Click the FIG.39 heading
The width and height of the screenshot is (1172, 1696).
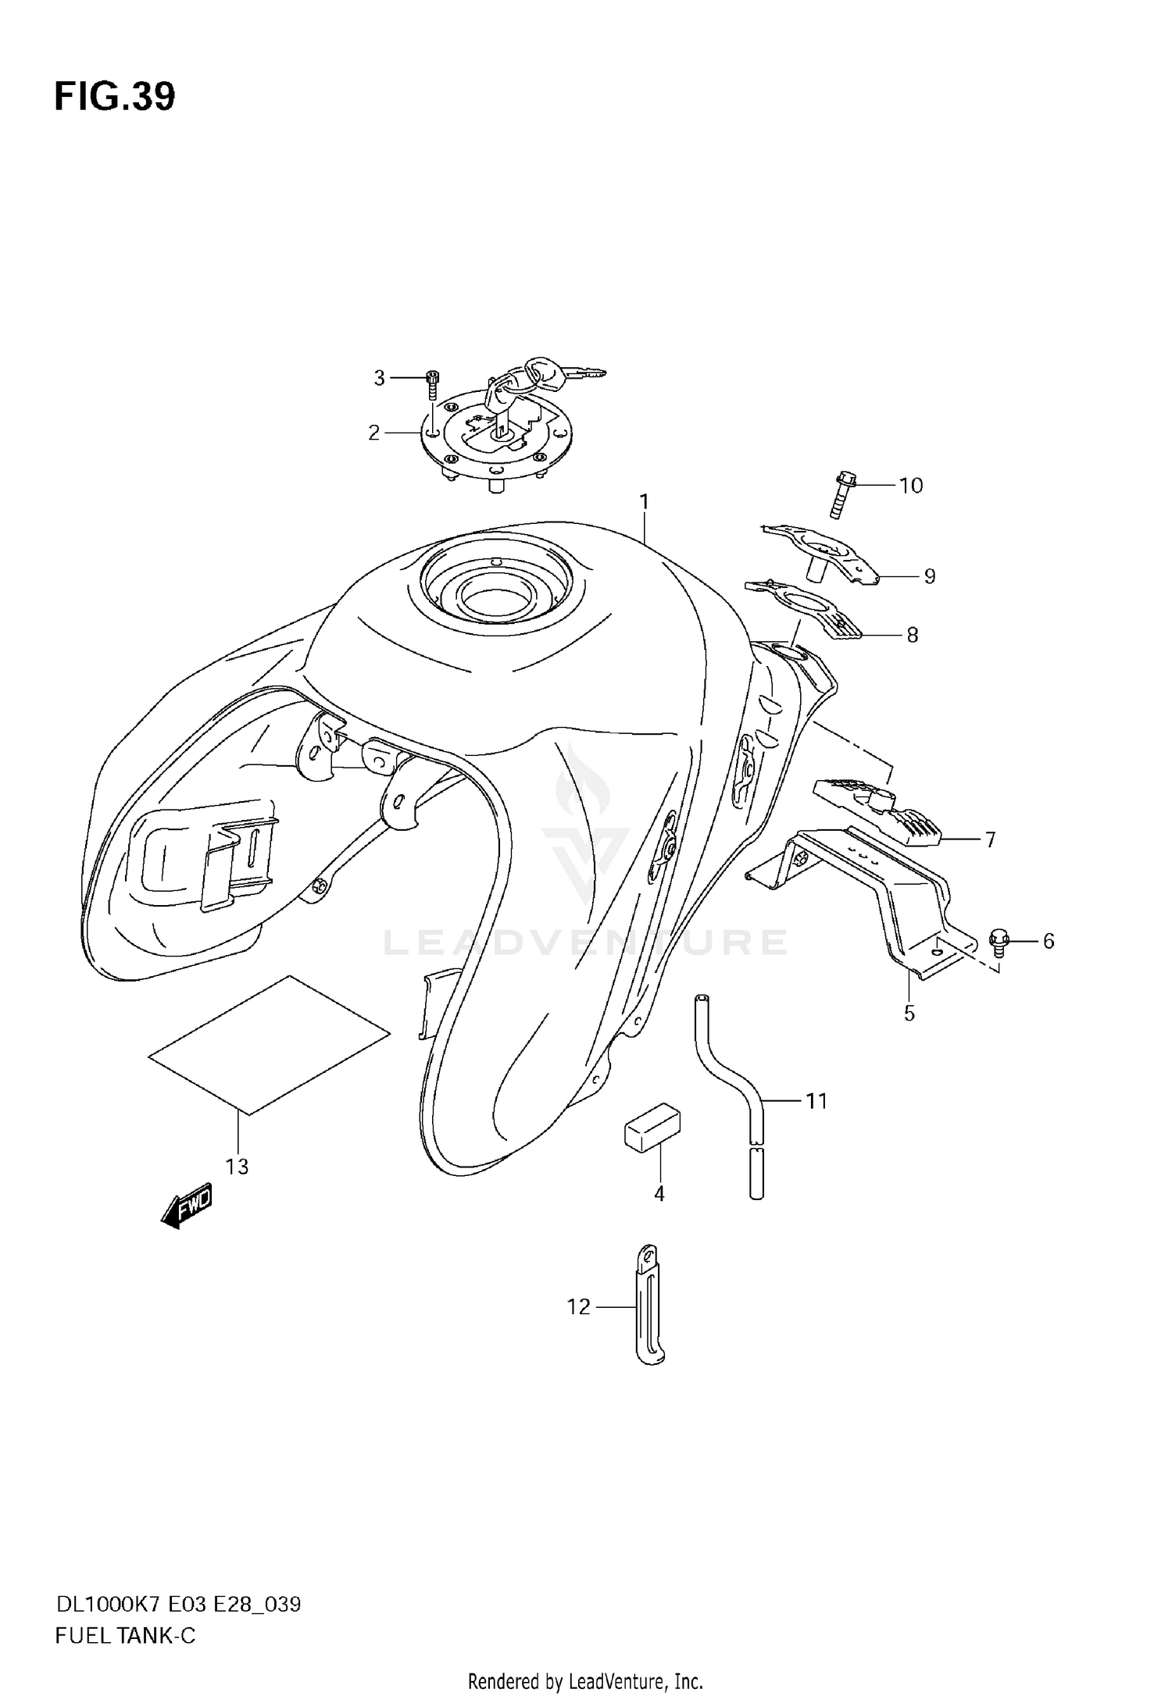pyautogui.click(x=115, y=97)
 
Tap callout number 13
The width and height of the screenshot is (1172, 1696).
pyautogui.click(x=237, y=1166)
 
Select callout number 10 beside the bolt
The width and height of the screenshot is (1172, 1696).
pyautogui.click(x=911, y=485)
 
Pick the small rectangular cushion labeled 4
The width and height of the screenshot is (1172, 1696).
pyautogui.click(x=652, y=1127)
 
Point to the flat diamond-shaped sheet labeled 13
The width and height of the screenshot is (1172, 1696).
pyautogui.click(x=269, y=1043)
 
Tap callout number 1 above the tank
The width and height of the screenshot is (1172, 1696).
pyautogui.click(x=645, y=501)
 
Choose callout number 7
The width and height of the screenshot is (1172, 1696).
pyautogui.click(x=990, y=839)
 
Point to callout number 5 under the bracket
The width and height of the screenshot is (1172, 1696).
pyautogui.click(x=909, y=1013)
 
